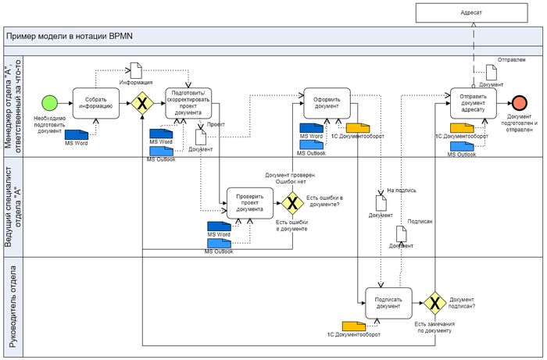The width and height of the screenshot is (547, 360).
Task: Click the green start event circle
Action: point(49,103)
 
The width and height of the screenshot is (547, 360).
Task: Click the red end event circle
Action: point(519,103)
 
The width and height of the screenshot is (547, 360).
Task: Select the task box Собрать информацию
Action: point(95,103)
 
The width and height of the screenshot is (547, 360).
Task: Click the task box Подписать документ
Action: point(388,302)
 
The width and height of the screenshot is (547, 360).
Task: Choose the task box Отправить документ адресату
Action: point(474,104)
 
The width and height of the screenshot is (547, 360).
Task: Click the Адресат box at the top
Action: point(472,12)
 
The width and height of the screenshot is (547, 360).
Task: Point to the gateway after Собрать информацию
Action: point(142,103)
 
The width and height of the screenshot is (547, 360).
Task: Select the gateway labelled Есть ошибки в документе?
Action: point(293,203)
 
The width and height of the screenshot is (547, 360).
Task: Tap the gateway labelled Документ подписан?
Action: point(434,302)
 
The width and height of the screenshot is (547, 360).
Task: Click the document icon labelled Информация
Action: point(135,70)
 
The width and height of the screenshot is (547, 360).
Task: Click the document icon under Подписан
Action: point(401,233)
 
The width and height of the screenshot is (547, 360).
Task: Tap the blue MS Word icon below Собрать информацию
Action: point(77,134)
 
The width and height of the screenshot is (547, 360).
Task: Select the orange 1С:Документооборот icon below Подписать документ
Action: point(354,325)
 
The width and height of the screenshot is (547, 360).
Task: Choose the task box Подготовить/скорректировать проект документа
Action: point(188,103)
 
